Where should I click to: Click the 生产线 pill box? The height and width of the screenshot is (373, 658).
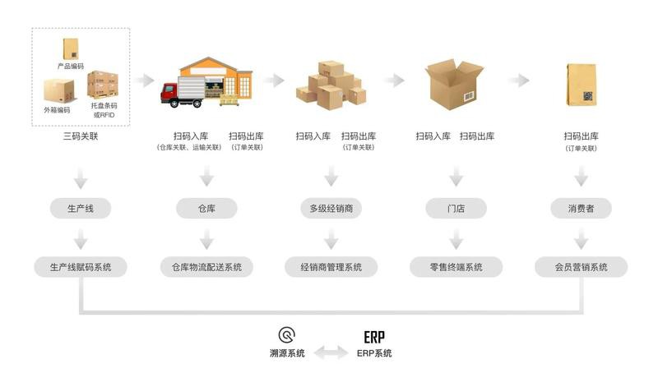tap(80, 209)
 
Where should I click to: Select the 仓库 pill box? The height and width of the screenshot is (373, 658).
tap(206, 209)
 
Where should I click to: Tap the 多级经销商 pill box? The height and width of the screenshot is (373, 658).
tap(331, 209)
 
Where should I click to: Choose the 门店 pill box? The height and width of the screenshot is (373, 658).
tap(456, 209)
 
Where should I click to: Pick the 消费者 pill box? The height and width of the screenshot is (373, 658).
tap(582, 209)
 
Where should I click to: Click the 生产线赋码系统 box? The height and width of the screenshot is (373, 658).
tap(80, 267)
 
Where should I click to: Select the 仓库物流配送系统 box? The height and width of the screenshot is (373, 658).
tap(206, 267)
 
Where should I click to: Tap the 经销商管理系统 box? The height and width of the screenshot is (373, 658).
tap(331, 267)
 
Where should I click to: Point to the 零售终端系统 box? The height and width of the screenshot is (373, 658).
tap(456, 267)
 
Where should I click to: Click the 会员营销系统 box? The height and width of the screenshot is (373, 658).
tap(582, 267)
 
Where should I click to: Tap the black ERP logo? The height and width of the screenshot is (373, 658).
tap(374, 338)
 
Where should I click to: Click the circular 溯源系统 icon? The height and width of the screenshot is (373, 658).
tap(287, 335)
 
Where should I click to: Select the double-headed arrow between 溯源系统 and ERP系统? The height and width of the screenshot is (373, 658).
tap(331, 352)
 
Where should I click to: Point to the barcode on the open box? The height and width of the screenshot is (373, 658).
tap(469, 97)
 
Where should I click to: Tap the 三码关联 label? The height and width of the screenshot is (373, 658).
tap(81, 136)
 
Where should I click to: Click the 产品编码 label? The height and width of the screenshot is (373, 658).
tap(71, 67)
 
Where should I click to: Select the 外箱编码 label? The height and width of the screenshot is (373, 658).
tap(57, 110)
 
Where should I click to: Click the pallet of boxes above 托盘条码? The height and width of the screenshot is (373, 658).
tap(103, 85)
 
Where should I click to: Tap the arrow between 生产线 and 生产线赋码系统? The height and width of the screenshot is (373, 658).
tap(80, 239)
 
